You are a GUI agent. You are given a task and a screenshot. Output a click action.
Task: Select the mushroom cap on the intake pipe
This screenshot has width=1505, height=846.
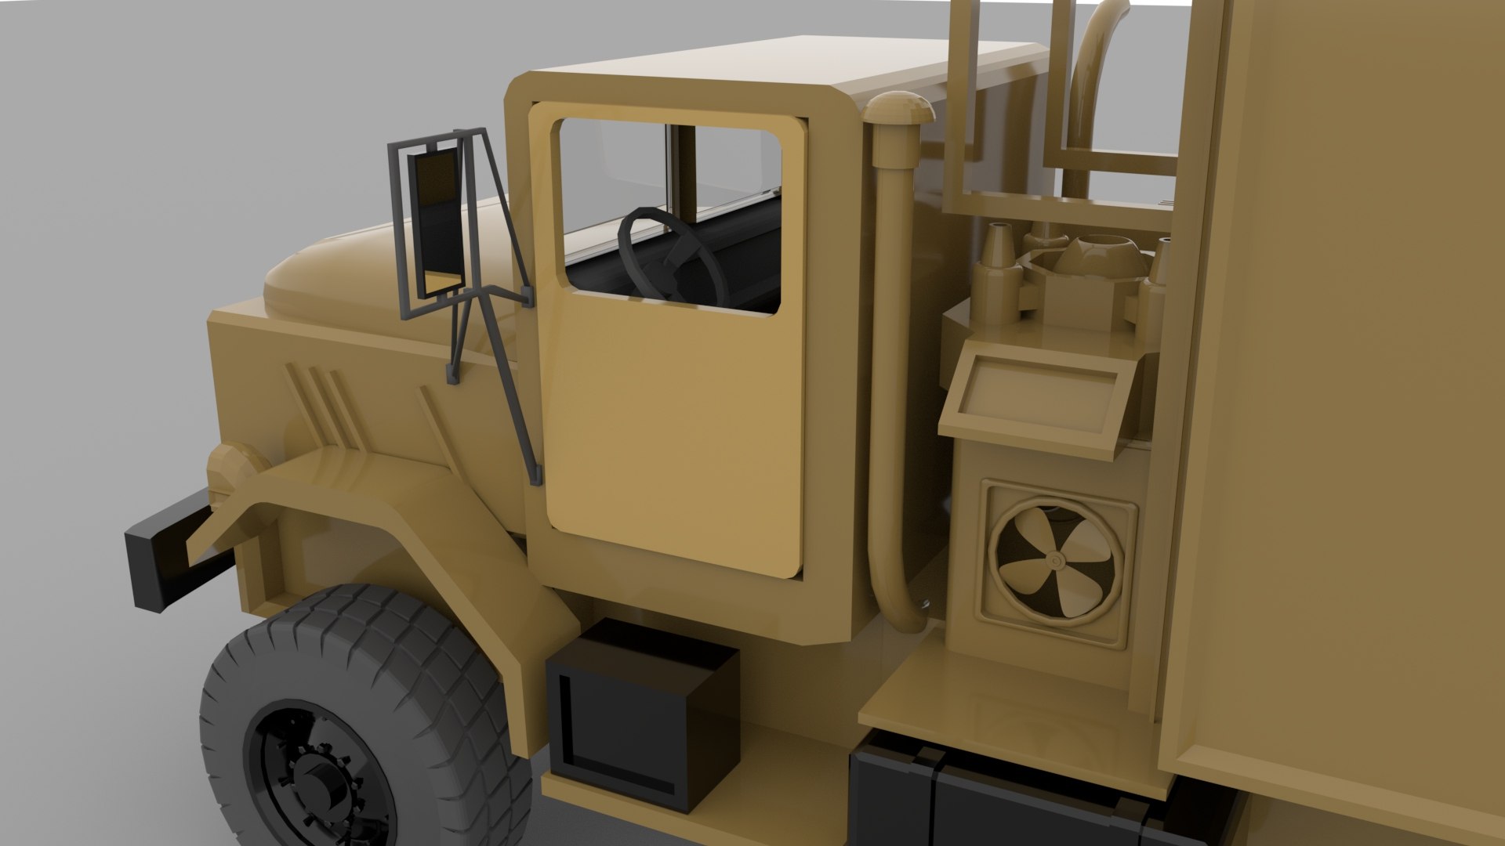[x=899, y=110]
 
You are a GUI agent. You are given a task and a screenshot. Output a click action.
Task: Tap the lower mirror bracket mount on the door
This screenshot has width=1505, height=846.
[x=536, y=475]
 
